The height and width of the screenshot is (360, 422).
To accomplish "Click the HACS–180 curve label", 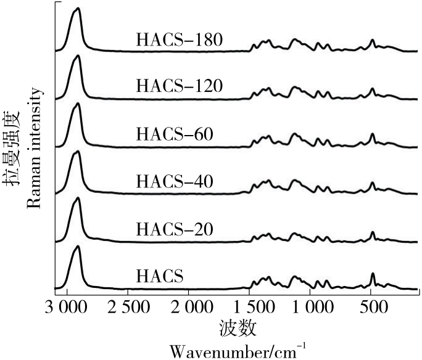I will pos(179,41).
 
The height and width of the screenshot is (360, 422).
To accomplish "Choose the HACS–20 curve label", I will pos(175,229).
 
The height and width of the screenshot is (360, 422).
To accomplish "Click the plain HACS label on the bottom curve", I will pos(159,276).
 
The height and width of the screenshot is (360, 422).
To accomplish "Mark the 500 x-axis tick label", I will pos(372,306).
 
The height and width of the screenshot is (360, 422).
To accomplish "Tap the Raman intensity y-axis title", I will pos(34,148).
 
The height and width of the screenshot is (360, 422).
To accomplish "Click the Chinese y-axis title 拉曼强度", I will pos(12,148).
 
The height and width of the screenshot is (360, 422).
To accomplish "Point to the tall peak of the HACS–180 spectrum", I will pos(77,9).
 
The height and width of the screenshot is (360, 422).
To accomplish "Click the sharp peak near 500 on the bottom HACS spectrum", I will pos(373,274).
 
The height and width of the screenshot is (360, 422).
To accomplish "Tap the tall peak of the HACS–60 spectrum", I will pos(77,104).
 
